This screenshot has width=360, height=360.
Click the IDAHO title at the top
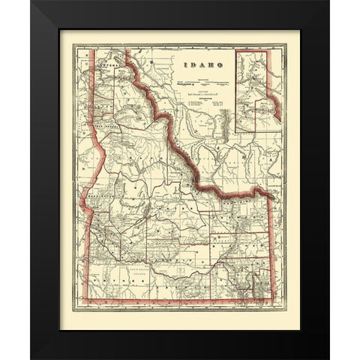click(x=196, y=64)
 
